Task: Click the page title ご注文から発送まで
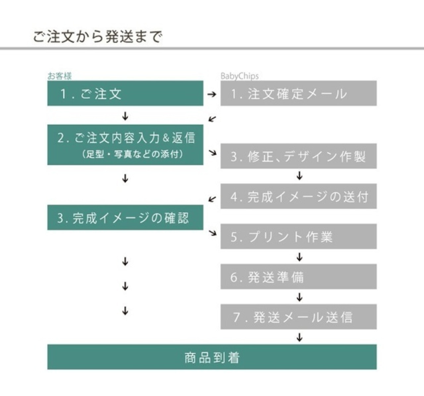click(98, 36)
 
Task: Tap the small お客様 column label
click(60, 76)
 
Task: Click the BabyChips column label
click(239, 76)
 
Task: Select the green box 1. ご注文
click(125, 93)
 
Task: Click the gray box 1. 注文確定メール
click(298, 93)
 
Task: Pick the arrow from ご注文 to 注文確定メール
click(212, 94)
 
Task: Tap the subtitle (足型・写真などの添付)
click(133, 154)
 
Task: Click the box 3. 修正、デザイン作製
click(298, 156)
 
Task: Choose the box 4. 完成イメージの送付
click(298, 196)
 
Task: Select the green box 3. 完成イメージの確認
click(125, 218)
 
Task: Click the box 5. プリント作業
click(298, 236)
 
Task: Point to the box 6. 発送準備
click(298, 277)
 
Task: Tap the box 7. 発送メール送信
click(298, 317)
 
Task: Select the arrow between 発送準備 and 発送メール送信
click(299, 297)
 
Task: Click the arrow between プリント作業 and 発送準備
click(299, 257)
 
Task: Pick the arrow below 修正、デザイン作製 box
click(299, 175)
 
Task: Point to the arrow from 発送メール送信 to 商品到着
click(299, 337)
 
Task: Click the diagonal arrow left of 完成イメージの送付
click(212, 199)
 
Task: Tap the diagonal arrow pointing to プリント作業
click(213, 232)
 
